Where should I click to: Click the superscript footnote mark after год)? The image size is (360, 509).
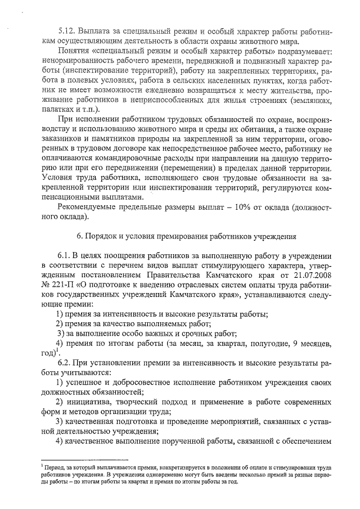pos(57,351)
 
